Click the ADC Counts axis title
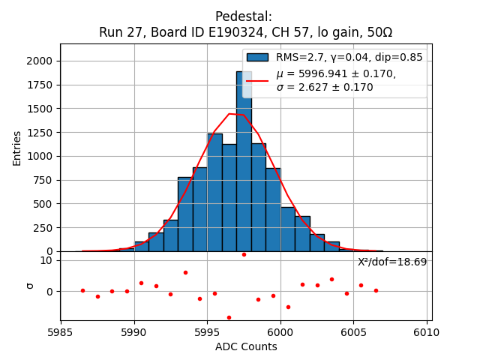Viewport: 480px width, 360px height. coord(246,346)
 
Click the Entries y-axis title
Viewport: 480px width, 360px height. coord(17,147)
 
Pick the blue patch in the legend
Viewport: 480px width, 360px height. coord(257,57)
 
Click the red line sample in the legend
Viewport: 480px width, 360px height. coord(257,80)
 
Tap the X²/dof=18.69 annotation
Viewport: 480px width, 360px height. coord(392,262)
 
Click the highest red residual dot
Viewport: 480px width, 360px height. coord(244,254)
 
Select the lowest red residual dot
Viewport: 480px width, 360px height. coord(229,317)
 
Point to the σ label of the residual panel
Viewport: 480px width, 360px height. coord(30,285)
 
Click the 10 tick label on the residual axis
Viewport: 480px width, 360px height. coord(46,260)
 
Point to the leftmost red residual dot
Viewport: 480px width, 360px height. coord(82,290)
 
